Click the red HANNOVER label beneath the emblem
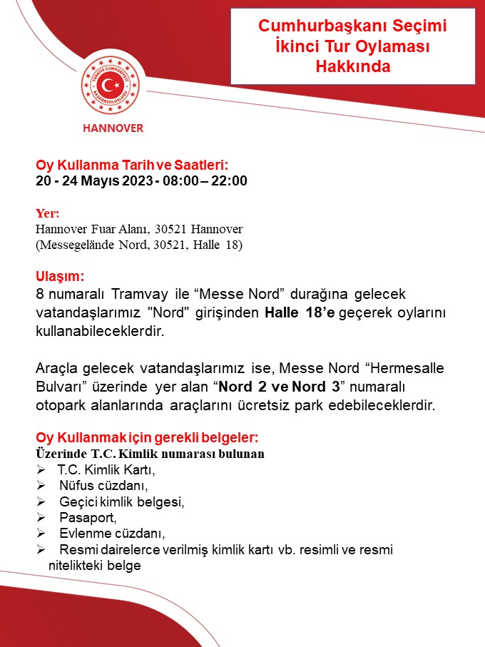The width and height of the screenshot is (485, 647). (113, 128)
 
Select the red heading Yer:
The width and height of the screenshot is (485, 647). (48, 213)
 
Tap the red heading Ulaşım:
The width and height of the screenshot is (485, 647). (60, 276)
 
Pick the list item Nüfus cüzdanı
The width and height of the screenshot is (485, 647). (103, 486)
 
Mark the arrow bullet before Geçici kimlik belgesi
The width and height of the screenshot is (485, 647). (41, 501)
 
